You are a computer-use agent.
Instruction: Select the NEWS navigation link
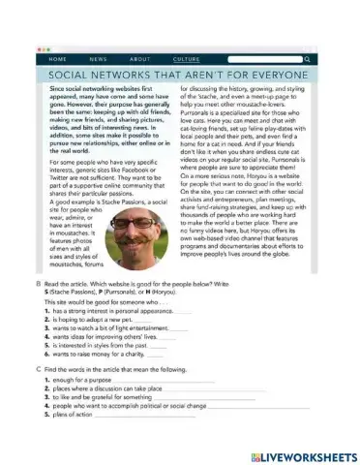coord(99,59)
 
